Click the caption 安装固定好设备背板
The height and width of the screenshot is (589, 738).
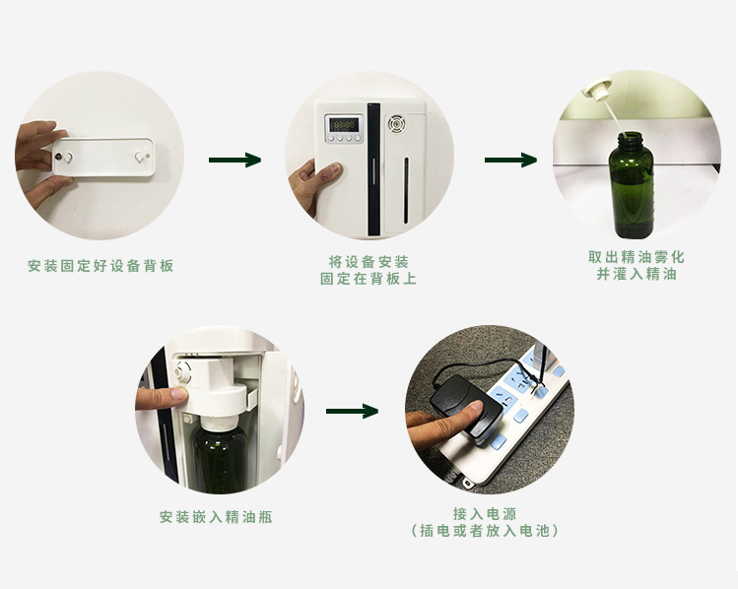click(101, 266)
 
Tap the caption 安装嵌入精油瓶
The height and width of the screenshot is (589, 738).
click(216, 517)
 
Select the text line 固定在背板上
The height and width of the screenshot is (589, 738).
click(369, 279)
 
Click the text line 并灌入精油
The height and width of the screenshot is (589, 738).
click(637, 274)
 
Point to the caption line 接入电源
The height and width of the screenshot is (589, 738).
click(485, 514)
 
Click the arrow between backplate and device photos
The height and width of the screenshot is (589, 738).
click(235, 160)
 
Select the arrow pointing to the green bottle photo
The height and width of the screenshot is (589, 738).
click(510, 160)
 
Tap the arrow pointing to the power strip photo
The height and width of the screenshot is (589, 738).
click(352, 411)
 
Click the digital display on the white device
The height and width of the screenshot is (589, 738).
click(344, 125)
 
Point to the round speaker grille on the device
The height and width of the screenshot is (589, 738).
click(397, 124)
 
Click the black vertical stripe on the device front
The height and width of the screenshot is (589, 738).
click(373, 169)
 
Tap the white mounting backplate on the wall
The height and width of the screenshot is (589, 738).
click(103, 158)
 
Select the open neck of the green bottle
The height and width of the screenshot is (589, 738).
click(631, 137)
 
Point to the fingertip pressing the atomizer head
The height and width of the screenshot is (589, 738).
click(178, 395)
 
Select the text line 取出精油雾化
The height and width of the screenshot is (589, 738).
click(637, 257)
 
